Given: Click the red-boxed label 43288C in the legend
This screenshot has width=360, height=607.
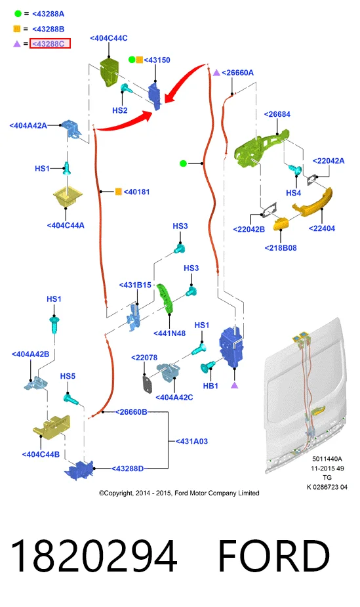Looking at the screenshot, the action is coord(50,43).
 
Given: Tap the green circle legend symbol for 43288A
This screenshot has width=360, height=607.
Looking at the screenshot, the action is coord(18,14).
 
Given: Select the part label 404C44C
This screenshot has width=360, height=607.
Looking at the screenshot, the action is coord(109,38).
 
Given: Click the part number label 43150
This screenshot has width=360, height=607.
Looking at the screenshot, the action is coord(157,60).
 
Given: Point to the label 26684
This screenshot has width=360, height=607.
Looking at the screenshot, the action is coord(277,114).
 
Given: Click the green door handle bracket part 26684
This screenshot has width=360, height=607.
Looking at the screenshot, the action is coord(260,148).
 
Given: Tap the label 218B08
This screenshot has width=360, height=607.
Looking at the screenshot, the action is coord(281,248).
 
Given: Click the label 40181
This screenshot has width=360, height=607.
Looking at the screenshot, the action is coord(136,192).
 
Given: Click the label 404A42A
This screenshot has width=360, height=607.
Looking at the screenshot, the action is coord(28,125).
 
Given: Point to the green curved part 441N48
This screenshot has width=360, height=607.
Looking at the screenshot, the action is coord(165,299).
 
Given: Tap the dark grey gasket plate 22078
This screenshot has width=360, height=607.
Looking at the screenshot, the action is coord(148,383).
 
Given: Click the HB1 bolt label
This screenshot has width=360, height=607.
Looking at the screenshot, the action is coord(210,386).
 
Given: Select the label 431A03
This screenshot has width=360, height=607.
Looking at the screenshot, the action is coord(191,442).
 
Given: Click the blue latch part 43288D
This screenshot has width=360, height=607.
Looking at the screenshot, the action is coord(79,470).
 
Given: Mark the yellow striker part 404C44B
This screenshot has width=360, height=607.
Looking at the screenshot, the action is coord(51,426).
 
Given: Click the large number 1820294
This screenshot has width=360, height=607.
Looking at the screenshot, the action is coord(94,556).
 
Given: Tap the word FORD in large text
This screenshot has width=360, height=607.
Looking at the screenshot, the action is coord(273,556).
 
